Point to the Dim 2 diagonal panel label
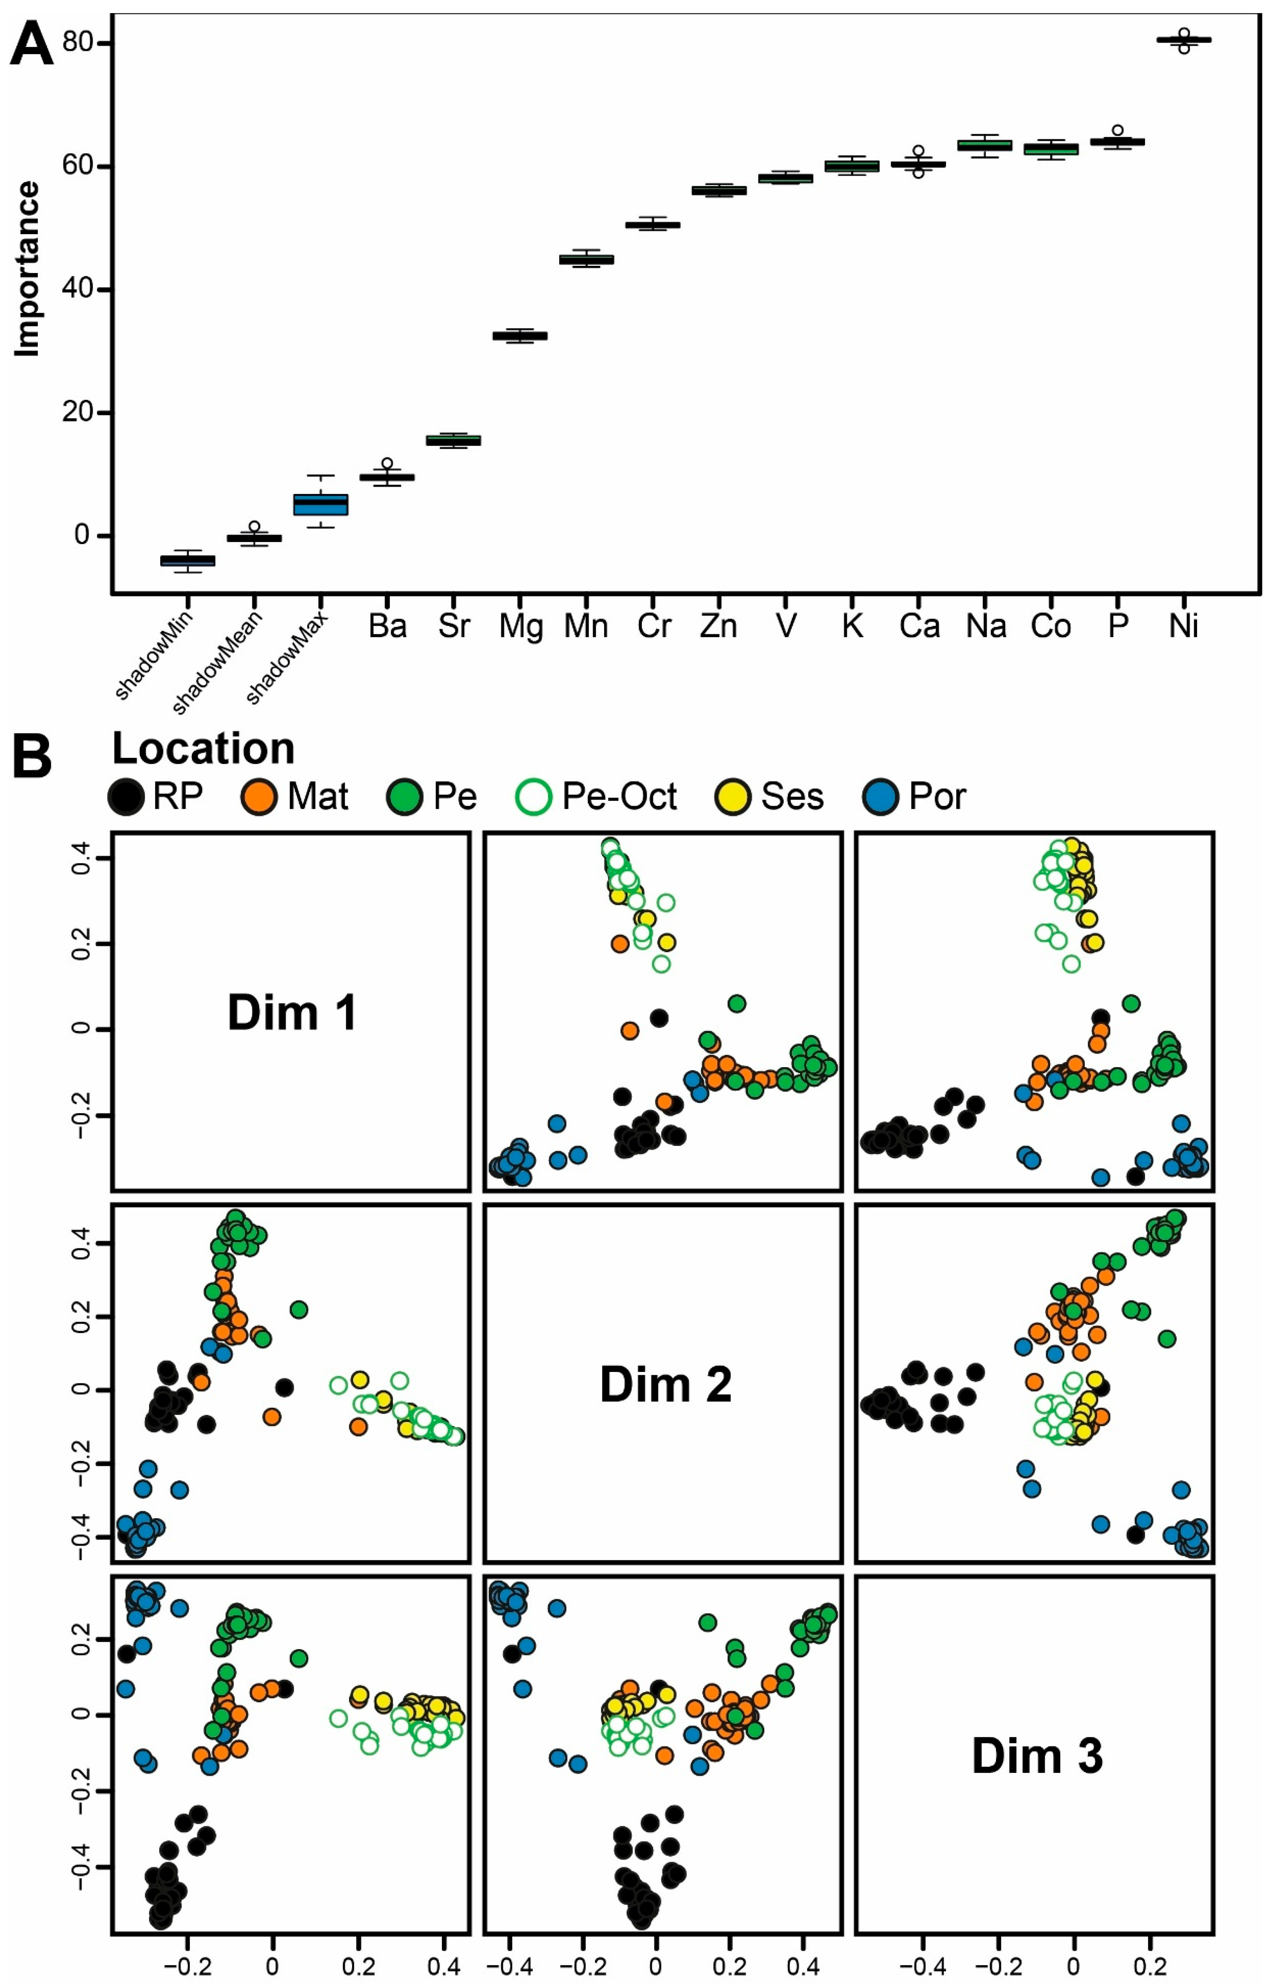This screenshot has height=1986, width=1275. (665, 1384)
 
